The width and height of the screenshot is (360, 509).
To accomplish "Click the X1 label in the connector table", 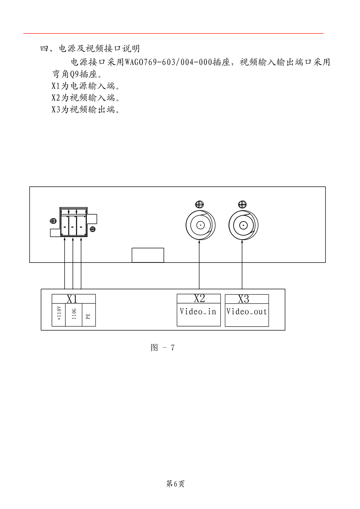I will click(72, 299).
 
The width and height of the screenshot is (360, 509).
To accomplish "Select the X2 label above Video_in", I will click(199, 298).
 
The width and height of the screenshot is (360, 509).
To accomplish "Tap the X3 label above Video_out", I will click(243, 299).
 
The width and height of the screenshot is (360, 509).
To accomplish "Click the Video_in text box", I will click(198, 312).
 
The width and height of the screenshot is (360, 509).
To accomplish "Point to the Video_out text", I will click(247, 312).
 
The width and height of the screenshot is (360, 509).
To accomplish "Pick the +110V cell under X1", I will click(59, 313).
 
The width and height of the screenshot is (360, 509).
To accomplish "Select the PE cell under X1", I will click(88, 316).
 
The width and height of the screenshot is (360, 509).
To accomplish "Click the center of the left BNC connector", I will click(200, 225).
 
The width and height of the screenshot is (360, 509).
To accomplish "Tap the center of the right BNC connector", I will click(243, 225).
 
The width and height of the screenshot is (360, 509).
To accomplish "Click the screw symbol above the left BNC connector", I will click(199, 204).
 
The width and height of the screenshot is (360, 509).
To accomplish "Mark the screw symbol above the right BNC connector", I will click(242, 204).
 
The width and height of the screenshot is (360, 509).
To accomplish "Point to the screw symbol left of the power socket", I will click(53, 221).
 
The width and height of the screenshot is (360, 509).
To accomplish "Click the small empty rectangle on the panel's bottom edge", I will click(148, 255).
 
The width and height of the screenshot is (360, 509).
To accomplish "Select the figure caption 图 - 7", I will click(162, 348).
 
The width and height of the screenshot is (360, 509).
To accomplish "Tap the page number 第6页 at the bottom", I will click(175, 484).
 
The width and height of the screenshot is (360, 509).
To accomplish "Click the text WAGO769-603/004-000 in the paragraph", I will click(168, 62).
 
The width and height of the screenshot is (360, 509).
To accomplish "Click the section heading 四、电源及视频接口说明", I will click(90, 49).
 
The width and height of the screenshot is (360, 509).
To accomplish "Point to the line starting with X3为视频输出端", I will click(86, 109).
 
